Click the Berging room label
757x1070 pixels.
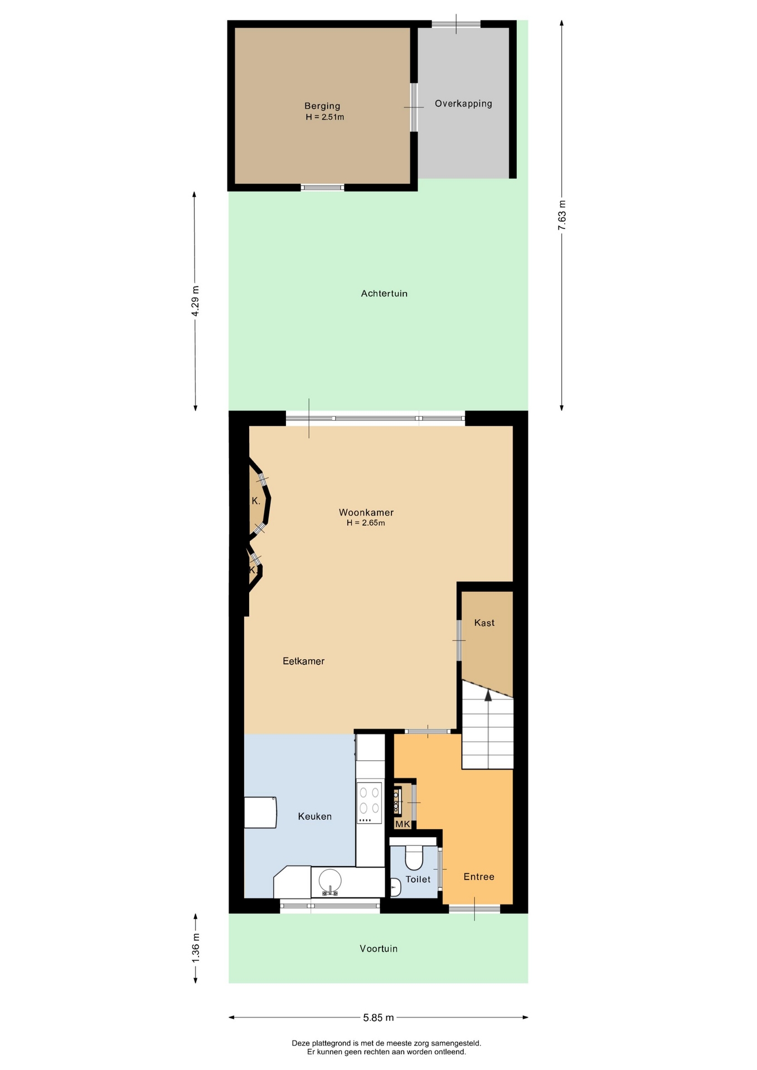(x=322, y=106)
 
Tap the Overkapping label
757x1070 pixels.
(x=463, y=104)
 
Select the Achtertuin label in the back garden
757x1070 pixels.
(x=384, y=294)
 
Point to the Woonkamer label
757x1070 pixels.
(x=366, y=513)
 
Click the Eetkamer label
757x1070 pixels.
(x=304, y=662)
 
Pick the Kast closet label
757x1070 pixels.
(x=484, y=623)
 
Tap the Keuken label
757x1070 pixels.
(x=315, y=816)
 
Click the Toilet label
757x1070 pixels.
(x=418, y=879)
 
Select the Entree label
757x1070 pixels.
(x=479, y=877)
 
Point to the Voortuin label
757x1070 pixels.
(x=378, y=949)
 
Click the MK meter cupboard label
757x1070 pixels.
(x=402, y=824)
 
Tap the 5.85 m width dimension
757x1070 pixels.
(x=378, y=1018)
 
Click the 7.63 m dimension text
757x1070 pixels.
(x=562, y=215)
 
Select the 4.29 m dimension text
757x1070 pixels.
(x=195, y=301)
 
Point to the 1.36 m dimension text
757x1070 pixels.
(x=195, y=948)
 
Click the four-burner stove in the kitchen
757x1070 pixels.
(x=370, y=803)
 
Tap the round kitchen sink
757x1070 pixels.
(x=330, y=881)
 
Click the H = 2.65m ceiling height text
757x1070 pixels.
(x=366, y=523)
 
